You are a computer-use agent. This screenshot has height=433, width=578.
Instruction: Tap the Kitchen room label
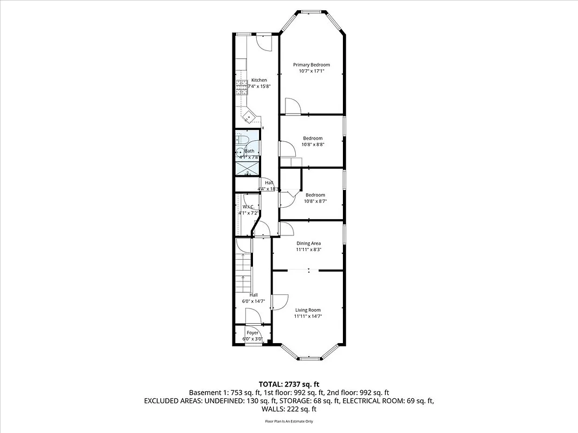pyautogui.click(x=259, y=80)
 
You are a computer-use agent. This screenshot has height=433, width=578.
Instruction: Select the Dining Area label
pyautogui.click(x=308, y=244)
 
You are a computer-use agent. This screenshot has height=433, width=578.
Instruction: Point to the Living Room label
pyautogui.click(x=308, y=310)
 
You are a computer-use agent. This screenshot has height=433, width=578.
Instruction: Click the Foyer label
pyautogui.click(x=252, y=333)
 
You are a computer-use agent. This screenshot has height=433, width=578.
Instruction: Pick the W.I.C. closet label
pyautogui.click(x=249, y=207)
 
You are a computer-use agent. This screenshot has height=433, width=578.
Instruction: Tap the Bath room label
pyautogui.click(x=250, y=151)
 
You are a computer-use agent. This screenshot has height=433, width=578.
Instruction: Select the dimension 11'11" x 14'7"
pyautogui.click(x=308, y=316)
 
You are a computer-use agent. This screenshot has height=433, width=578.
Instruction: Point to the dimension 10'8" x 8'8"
pyautogui.click(x=313, y=145)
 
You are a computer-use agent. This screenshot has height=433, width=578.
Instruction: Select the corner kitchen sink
pyautogui.click(x=249, y=116)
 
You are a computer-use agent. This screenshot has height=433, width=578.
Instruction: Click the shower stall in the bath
pyautogui.click(x=247, y=168)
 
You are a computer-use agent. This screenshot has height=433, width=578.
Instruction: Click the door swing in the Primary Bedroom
pyautogui.click(x=292, y=107)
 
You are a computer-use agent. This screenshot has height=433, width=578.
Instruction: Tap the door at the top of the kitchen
pyautogui.click(x=264, y=42)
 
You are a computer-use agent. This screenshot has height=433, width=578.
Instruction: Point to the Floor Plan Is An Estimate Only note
pyautogui.click(x=289, y=421)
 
